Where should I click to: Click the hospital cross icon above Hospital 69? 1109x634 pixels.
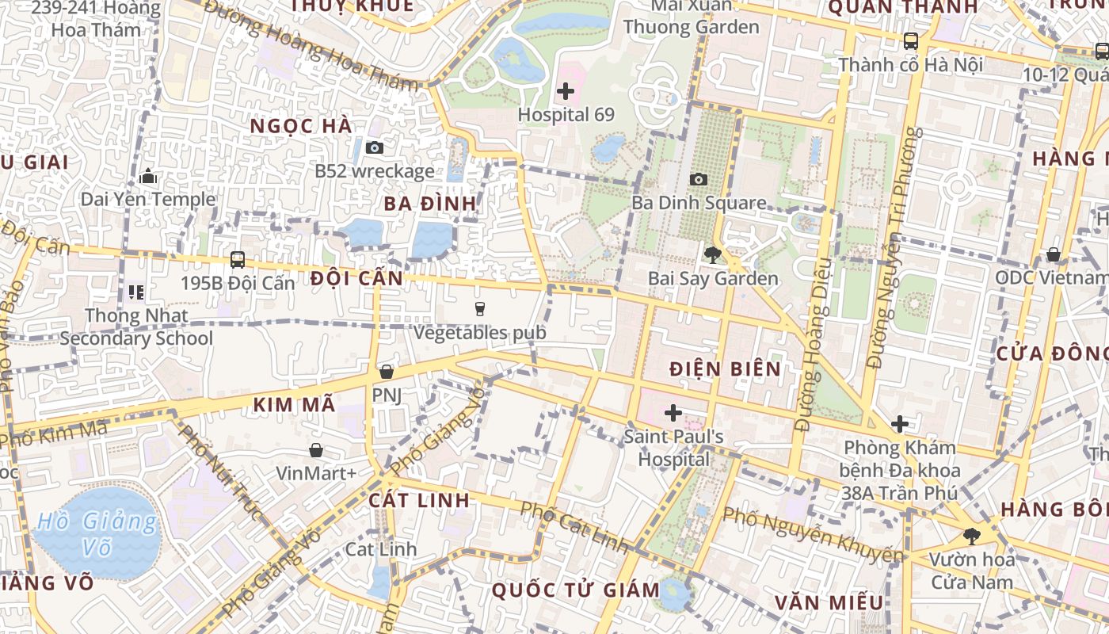[x=565, y=91]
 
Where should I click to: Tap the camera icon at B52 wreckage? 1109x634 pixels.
[x=375, y=147]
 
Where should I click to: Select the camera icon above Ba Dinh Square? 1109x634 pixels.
[x=698, y=180]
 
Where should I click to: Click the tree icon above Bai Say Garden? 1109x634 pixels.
[x=712, y=254]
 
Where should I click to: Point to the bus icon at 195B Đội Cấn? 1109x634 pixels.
[x=237, y=259]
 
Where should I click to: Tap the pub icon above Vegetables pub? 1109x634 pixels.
[x=478, y=308]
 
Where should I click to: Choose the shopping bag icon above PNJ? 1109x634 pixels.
[x=387, y=371]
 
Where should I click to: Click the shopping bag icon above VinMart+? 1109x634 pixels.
[x=316, y=450]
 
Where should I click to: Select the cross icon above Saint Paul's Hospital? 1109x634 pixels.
[x=673, y=412]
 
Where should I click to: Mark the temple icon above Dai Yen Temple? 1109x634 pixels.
[x=147, y=177]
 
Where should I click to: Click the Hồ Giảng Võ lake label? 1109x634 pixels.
[x=97, y=533]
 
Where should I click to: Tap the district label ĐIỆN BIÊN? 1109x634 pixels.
[x=725, y=369]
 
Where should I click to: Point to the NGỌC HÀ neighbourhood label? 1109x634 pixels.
[x=300, y=126]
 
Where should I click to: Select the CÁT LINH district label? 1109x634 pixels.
[x=419, y=500]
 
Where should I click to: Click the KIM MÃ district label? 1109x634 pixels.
[x=294, y=404]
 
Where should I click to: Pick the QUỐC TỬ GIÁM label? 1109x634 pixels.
[x=575, y=590]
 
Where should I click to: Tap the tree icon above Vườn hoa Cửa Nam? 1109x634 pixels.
[x=971, y=536]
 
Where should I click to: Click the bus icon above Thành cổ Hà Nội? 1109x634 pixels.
[x=910, y=41]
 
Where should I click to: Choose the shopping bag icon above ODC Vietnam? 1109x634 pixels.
[x=1053, y=254]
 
